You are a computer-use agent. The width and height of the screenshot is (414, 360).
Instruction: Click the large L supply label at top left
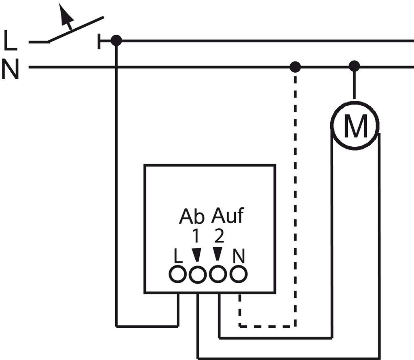(11, 40)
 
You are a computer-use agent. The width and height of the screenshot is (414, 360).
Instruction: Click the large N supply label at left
(10, 69)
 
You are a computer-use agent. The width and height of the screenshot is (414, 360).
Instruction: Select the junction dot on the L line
(116, 41)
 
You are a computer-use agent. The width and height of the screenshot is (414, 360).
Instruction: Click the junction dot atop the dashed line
(295, 67)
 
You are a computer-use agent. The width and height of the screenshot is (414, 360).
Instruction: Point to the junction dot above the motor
(354, 66)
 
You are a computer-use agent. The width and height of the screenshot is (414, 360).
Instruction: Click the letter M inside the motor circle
(355, 126)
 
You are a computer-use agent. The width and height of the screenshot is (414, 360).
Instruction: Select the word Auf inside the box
(227, 215)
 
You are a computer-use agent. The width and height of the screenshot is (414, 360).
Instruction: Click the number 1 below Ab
(196, 236)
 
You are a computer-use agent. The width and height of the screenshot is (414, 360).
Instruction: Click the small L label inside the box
(178, 256)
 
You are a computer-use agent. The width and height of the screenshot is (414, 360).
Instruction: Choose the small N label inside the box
(239, 256)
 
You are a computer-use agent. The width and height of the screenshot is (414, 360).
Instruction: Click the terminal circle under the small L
(177, 274)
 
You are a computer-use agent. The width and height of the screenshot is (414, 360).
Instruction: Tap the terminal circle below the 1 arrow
(197, 275)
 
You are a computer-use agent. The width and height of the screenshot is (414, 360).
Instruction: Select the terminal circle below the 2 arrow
(218, 274)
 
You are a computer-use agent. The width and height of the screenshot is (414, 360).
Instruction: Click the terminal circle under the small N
(239, 274)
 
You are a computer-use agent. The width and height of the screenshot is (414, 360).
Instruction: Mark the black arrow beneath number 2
(217, 254)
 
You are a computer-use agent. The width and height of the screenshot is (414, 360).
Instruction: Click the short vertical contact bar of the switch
(99, 42)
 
